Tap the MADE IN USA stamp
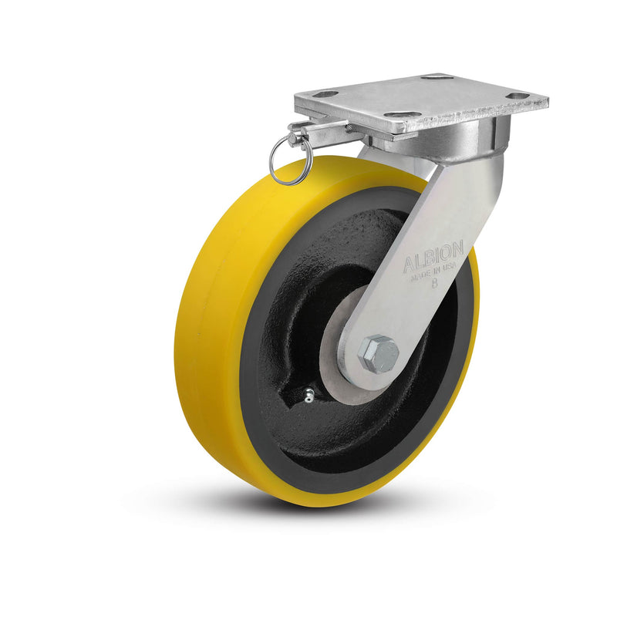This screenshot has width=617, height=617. [x=433, y=271]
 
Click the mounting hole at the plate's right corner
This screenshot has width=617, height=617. [x=519, y=96]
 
